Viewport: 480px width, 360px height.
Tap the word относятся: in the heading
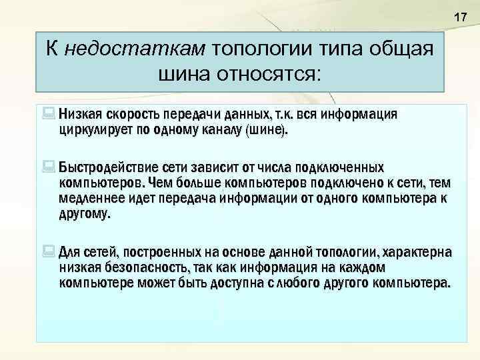tap(269, 73)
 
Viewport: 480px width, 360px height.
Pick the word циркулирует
tap(93, 130)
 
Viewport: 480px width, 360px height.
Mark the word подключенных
tap(340, 166)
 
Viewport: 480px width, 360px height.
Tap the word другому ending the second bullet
tap(85, 215)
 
